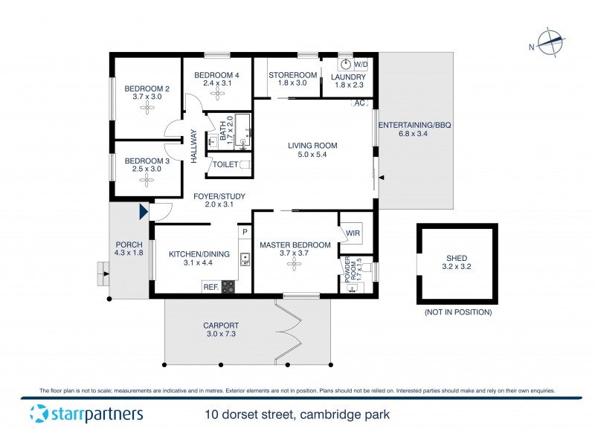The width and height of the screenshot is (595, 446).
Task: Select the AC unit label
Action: (360, 103)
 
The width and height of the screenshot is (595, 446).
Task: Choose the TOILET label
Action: (225, 165)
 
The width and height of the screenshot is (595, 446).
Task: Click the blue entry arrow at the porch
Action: (143, 213)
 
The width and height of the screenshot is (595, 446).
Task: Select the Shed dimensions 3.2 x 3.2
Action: (457, 265)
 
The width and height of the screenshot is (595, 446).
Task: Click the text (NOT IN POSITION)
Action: (457, 312)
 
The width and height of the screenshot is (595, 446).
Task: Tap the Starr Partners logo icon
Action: (38, 414)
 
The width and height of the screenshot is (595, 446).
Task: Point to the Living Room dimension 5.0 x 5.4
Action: (313, 155)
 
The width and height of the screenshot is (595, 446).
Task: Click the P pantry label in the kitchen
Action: (243, 232)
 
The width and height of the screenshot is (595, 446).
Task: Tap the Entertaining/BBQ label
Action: (414, 125)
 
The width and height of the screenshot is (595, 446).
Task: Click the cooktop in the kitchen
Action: (228, 287)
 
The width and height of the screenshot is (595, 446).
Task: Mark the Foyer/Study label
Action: (219, 196)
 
